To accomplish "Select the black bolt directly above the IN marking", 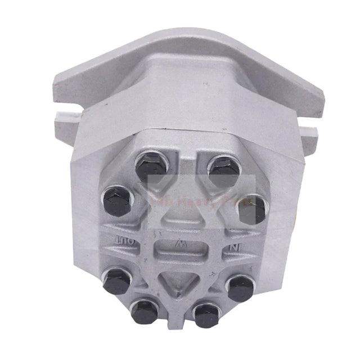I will click(x=251, y=208).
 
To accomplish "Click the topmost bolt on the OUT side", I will click(x=150, y=165).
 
